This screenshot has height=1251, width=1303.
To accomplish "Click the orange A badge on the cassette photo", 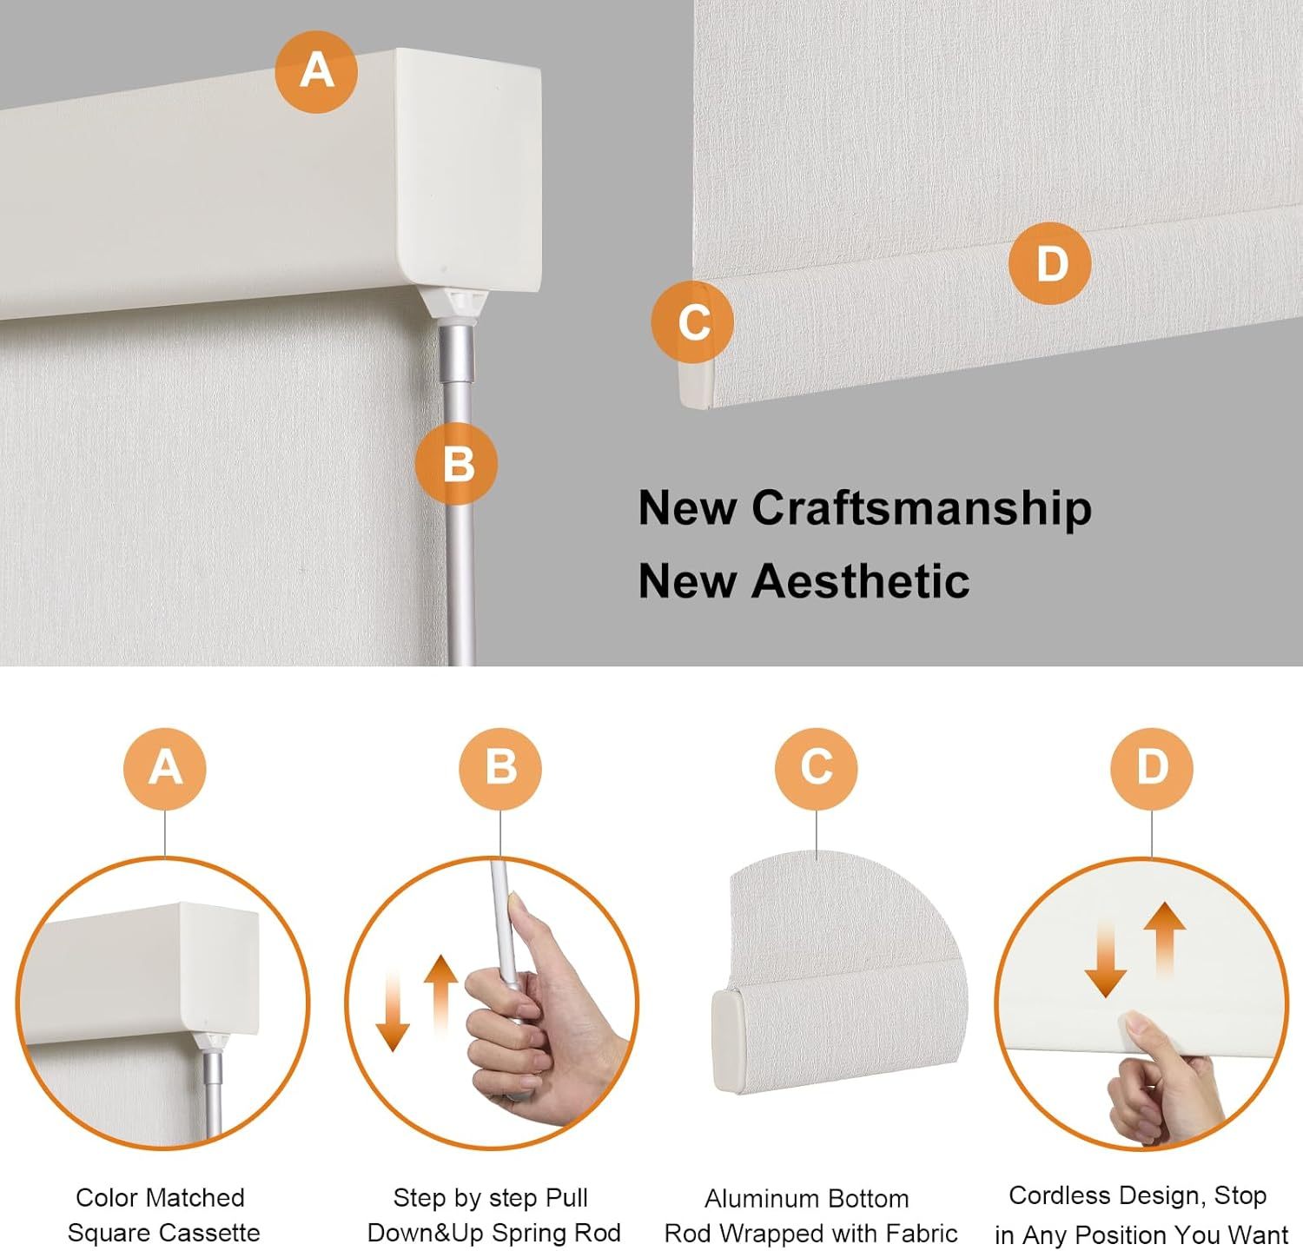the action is click(x=316, y=71).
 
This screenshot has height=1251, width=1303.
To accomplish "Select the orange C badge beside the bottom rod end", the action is click(x=692, y=322).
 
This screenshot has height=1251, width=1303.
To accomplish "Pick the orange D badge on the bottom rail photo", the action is click(x=1050, y=263).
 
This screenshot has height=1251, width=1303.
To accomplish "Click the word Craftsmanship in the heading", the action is click(x=922, y=508).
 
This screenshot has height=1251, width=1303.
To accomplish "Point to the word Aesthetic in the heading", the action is click(x=860, y=581).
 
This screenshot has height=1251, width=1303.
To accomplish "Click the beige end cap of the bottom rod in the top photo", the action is click(x=696, y=384).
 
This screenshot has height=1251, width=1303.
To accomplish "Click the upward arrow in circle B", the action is click(x=440, y=996).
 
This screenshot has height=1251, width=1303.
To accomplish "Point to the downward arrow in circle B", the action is click(x=393, y=1011).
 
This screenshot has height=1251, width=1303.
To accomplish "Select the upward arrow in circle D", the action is click(x=1165, y=941).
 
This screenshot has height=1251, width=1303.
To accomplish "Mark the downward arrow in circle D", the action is click(x=1106, y=959).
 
